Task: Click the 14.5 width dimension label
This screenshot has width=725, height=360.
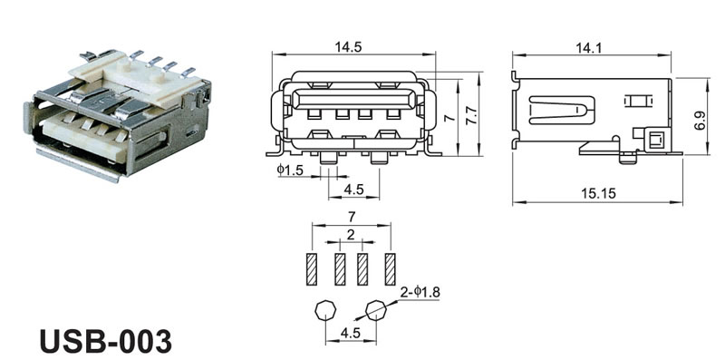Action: point(348,47)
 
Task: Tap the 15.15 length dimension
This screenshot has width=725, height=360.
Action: point(598,193)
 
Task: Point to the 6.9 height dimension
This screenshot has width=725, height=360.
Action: point(701,120)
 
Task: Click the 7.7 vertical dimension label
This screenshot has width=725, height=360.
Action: point(471,119)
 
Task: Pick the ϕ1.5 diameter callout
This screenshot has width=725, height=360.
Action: point(290,170)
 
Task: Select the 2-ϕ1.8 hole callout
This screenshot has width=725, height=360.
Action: point(420,292)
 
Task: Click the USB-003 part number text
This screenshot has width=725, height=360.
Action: point(105,342)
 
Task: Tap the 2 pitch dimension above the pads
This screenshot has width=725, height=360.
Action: point(351,235)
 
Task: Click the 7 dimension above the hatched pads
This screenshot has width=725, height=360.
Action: point(352,216)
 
